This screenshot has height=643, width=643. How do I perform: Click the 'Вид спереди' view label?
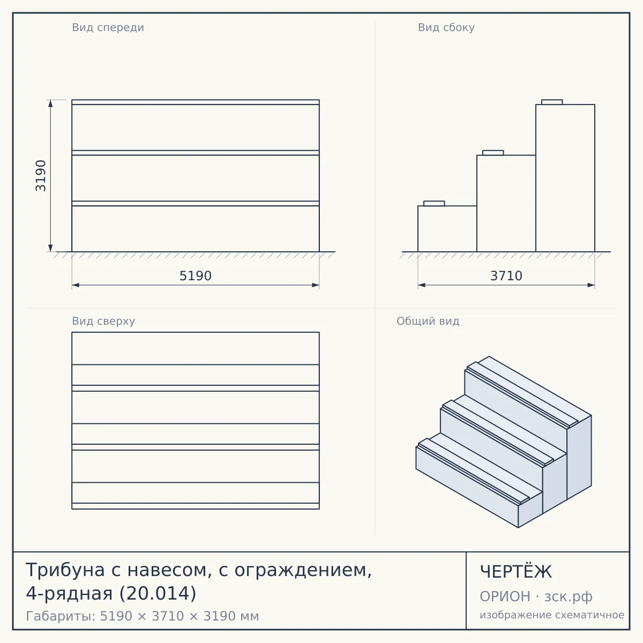pos(108,28)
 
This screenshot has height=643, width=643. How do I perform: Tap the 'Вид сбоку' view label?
pos(446,28)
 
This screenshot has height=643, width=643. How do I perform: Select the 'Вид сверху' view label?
pos(103,322)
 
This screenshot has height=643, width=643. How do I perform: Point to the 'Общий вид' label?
pos(428,321)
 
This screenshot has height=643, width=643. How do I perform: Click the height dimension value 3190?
pos(41,176)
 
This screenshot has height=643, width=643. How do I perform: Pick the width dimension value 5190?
pos(196,276)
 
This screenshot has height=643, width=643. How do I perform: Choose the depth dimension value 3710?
pos(506,276)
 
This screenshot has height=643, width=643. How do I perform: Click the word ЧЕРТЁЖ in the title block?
pos(516,572)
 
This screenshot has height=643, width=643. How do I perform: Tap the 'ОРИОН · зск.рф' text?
pos(536,596)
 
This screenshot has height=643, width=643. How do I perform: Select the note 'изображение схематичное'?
pos(552,615)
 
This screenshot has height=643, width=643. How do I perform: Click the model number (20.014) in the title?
pos(158,593)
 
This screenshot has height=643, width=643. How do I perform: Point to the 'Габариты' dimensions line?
pos(143,616)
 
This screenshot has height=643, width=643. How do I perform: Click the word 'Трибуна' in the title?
pos(65,570)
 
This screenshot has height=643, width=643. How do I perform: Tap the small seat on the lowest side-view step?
pos(434,204)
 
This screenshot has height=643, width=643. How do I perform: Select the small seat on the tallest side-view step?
pos(552,102)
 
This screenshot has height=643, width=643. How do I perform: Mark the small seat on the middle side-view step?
pos(493,153)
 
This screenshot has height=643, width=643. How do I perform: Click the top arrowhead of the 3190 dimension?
pos(50,103)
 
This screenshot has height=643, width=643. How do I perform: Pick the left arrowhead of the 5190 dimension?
pos(76,285)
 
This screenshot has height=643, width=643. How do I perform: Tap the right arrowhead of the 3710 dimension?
pos(591,285)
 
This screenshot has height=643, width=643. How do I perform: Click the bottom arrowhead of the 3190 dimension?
pos(50,248)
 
